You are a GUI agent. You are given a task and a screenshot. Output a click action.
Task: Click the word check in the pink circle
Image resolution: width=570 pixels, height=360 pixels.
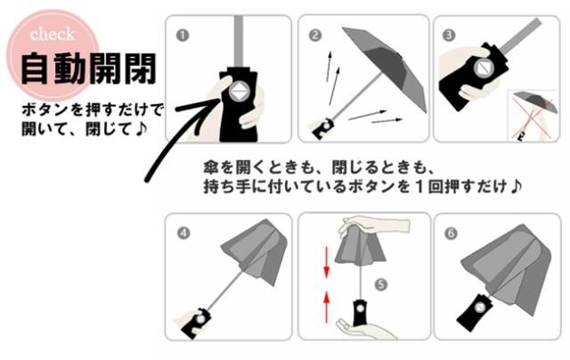pyautogui.click(x=53, y=35)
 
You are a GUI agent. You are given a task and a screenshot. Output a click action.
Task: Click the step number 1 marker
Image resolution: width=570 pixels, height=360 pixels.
pyautogui.click(x=183, y=36)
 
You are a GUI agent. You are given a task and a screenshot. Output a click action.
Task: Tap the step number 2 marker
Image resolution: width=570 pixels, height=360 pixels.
pyautogui.click(x=315, y=36)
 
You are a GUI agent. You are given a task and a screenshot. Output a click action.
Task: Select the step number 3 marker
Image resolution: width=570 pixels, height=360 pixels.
pyautogui.click(x=449, y=35)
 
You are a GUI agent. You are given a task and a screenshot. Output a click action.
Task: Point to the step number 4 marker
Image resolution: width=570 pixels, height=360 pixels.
pyautogui.click(x=183, y=233)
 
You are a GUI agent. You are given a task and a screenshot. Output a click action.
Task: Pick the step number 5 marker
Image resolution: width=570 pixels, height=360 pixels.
pyautogui.click(x=380, y=284)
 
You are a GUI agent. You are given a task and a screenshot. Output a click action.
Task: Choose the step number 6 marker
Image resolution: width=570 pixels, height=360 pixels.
pyautogui.click(x=451, y=233)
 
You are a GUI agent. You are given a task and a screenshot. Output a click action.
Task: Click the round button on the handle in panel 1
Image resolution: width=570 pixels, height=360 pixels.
pyautogui.click(x=239, y=92)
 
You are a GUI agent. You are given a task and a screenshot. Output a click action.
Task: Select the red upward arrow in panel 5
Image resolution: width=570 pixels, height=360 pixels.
pyautogui.click(x=327, y=307)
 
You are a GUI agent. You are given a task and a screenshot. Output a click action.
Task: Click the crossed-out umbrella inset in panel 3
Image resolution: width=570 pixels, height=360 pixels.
pyautogui.click(x=533, y=115)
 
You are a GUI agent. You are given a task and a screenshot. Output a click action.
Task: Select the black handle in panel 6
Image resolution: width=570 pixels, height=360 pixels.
pyautogui.click(x=475, y=312)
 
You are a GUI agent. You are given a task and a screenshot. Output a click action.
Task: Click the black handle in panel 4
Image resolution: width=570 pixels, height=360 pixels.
pyautogui.click(x=196, y=323)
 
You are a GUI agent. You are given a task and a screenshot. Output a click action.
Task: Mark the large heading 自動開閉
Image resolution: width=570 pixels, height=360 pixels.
pyautogui.click(x=88, y=70)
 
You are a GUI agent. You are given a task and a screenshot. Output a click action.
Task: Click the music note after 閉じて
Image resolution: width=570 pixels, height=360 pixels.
pyautogui.click(x=141, y=128)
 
